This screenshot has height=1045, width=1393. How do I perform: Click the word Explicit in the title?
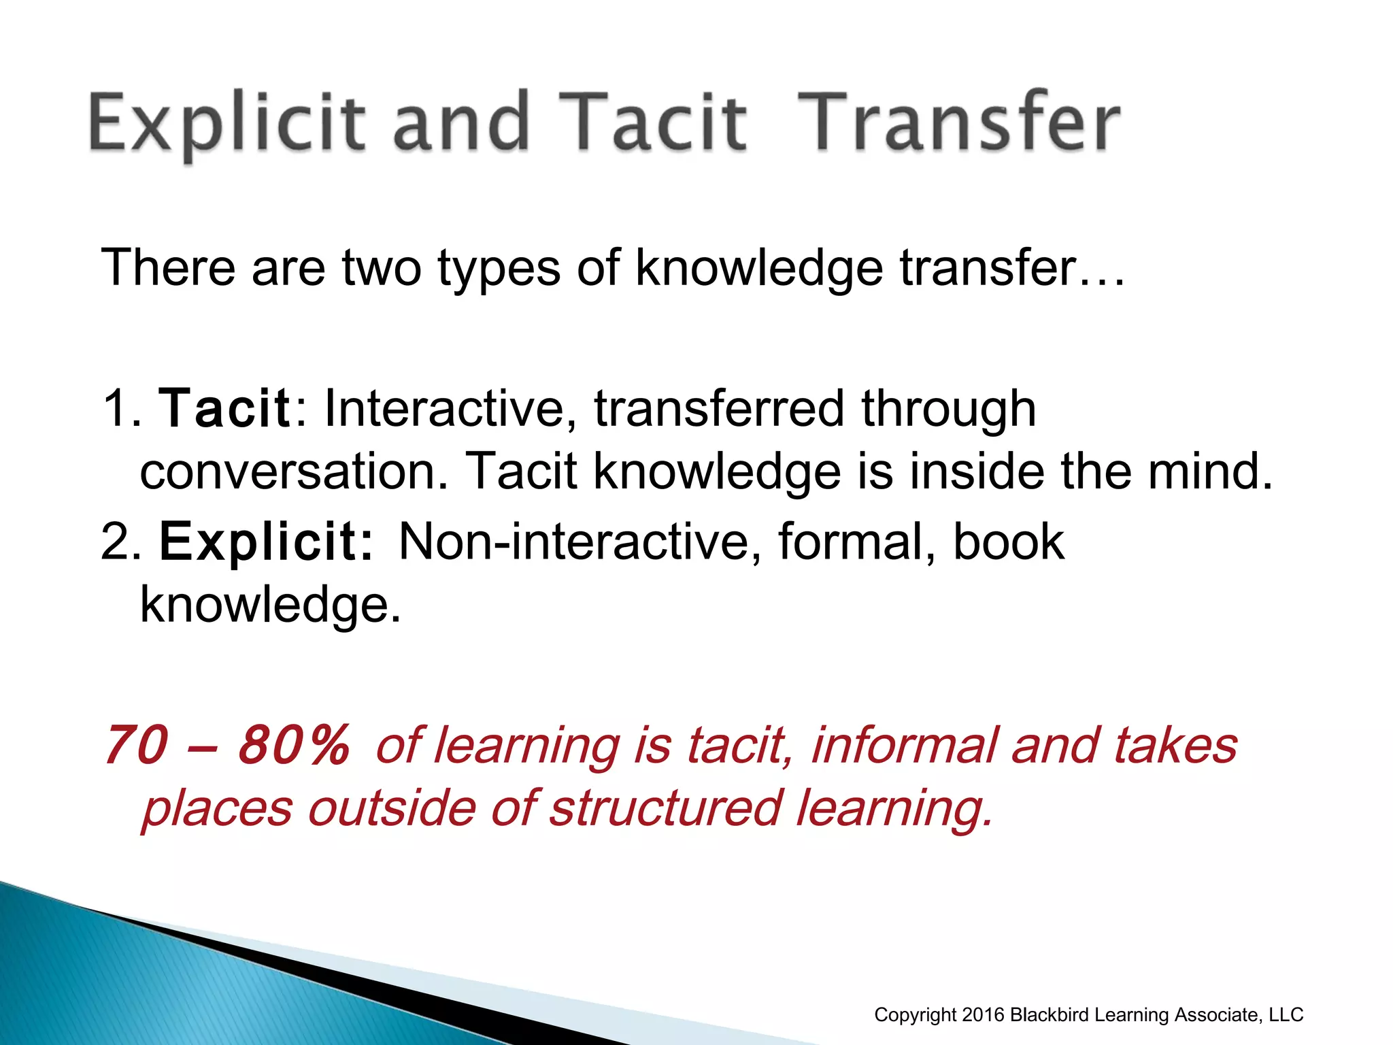[x=225, y=124]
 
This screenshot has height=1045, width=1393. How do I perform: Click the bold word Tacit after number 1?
[x=224, y=408]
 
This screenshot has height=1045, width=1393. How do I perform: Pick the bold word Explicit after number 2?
[x=266, y=542]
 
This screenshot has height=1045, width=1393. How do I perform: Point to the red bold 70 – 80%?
[x=226, y=746]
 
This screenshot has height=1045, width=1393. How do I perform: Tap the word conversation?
[x=293, y=471]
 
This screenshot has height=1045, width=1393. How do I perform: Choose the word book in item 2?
[x=1008, y=542]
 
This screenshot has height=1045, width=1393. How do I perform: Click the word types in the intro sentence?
[x=499, y=267]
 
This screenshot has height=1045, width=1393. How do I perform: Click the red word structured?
[x=665, y=808]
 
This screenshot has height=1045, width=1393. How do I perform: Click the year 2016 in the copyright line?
[x=984, y=1015]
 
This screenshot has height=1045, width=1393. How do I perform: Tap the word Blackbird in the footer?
[x=1050, y=1015]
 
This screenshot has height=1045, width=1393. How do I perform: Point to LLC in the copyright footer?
[x=1286, y=1015]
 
